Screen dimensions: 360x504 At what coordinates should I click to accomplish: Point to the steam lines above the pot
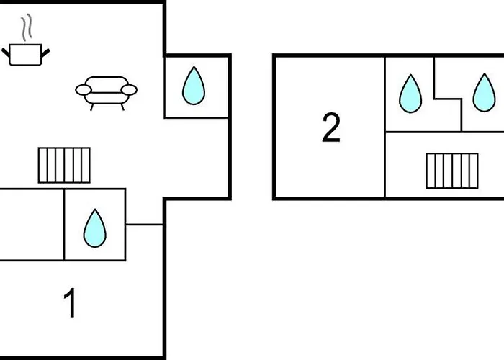coord(27,30)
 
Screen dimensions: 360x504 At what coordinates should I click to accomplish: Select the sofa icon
coord(107,92)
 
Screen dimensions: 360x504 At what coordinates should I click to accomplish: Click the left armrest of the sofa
coord(84,90)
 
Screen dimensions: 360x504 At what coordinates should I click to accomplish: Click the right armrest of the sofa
coord(130,90)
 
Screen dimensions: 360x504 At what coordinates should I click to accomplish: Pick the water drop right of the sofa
coord(194,86)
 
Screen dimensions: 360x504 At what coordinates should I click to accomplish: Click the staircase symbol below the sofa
coord(64,165)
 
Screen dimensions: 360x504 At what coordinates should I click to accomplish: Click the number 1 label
coord(70,303)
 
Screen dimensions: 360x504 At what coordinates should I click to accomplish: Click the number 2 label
coord(330,128)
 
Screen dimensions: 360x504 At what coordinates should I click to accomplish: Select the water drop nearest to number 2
coord(410,94)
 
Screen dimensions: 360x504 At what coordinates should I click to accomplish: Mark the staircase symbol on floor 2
coord(451,171)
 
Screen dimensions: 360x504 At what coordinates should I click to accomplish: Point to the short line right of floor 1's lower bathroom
coord(145,225)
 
